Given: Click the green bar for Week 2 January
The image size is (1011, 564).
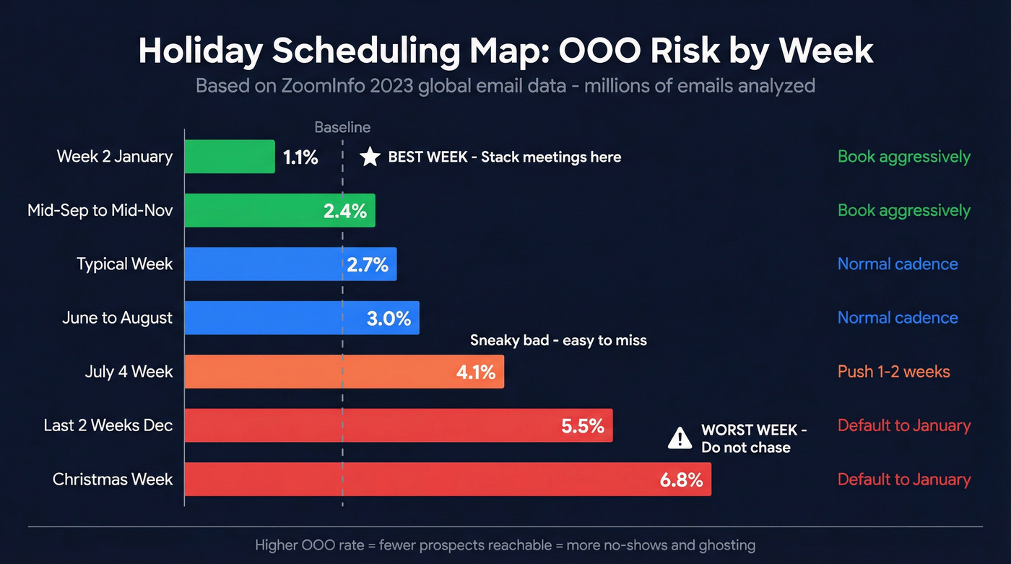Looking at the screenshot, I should (230, 157).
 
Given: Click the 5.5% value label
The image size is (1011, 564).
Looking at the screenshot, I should (582, 426).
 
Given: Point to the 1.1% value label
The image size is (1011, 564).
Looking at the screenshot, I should (300, 157).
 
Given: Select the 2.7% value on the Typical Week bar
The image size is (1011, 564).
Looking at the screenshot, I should (368, 264).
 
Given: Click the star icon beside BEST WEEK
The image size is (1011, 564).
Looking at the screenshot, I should (370, 157).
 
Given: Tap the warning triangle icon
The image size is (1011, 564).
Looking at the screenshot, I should (680, 438).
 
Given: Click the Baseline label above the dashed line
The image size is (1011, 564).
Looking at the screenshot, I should (342, 128).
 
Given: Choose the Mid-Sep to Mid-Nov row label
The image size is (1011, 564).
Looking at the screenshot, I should (100, 210).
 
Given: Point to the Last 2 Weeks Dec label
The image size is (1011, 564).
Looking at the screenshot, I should (108, 425).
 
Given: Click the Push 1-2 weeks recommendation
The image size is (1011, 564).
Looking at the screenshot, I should (893, 372).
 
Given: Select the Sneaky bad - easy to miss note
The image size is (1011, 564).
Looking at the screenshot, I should (558, 340).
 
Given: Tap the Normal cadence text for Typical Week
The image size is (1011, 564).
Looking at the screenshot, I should (898, 264).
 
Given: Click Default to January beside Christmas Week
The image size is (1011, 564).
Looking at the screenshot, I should (904, 480).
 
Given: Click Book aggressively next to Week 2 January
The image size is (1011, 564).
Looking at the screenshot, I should (904, 157).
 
